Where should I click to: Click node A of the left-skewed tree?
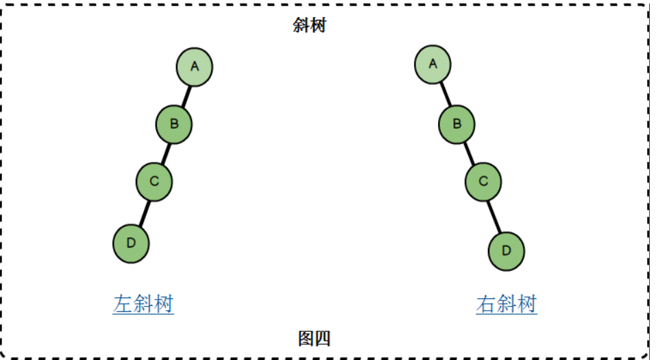[x=195, y=67]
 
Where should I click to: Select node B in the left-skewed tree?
[x=174, y=124]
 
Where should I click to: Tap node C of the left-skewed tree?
[x=154, y=182]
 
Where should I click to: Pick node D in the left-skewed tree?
[x=131, y=243]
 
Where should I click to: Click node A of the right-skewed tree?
[x=432, y=64]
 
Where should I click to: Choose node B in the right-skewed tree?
[x=457, y=124]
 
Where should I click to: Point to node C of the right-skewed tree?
[x=483, y=182]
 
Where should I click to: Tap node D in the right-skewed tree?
[x=507, y=250]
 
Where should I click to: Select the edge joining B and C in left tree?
[x=164, y=153]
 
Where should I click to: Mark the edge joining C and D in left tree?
[x=143, y=211]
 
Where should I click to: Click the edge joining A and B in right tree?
[x=445, y=94]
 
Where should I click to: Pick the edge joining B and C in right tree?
[x=470, y=153]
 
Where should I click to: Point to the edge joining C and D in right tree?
[x=495, y=215]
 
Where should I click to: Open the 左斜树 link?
[x=143, y=304]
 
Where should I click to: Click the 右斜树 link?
[x=507, y=304]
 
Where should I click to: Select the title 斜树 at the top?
[x=308, y=27]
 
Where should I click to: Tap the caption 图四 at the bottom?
[x=315, y=338]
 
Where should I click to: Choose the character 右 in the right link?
[x=486, y=304]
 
